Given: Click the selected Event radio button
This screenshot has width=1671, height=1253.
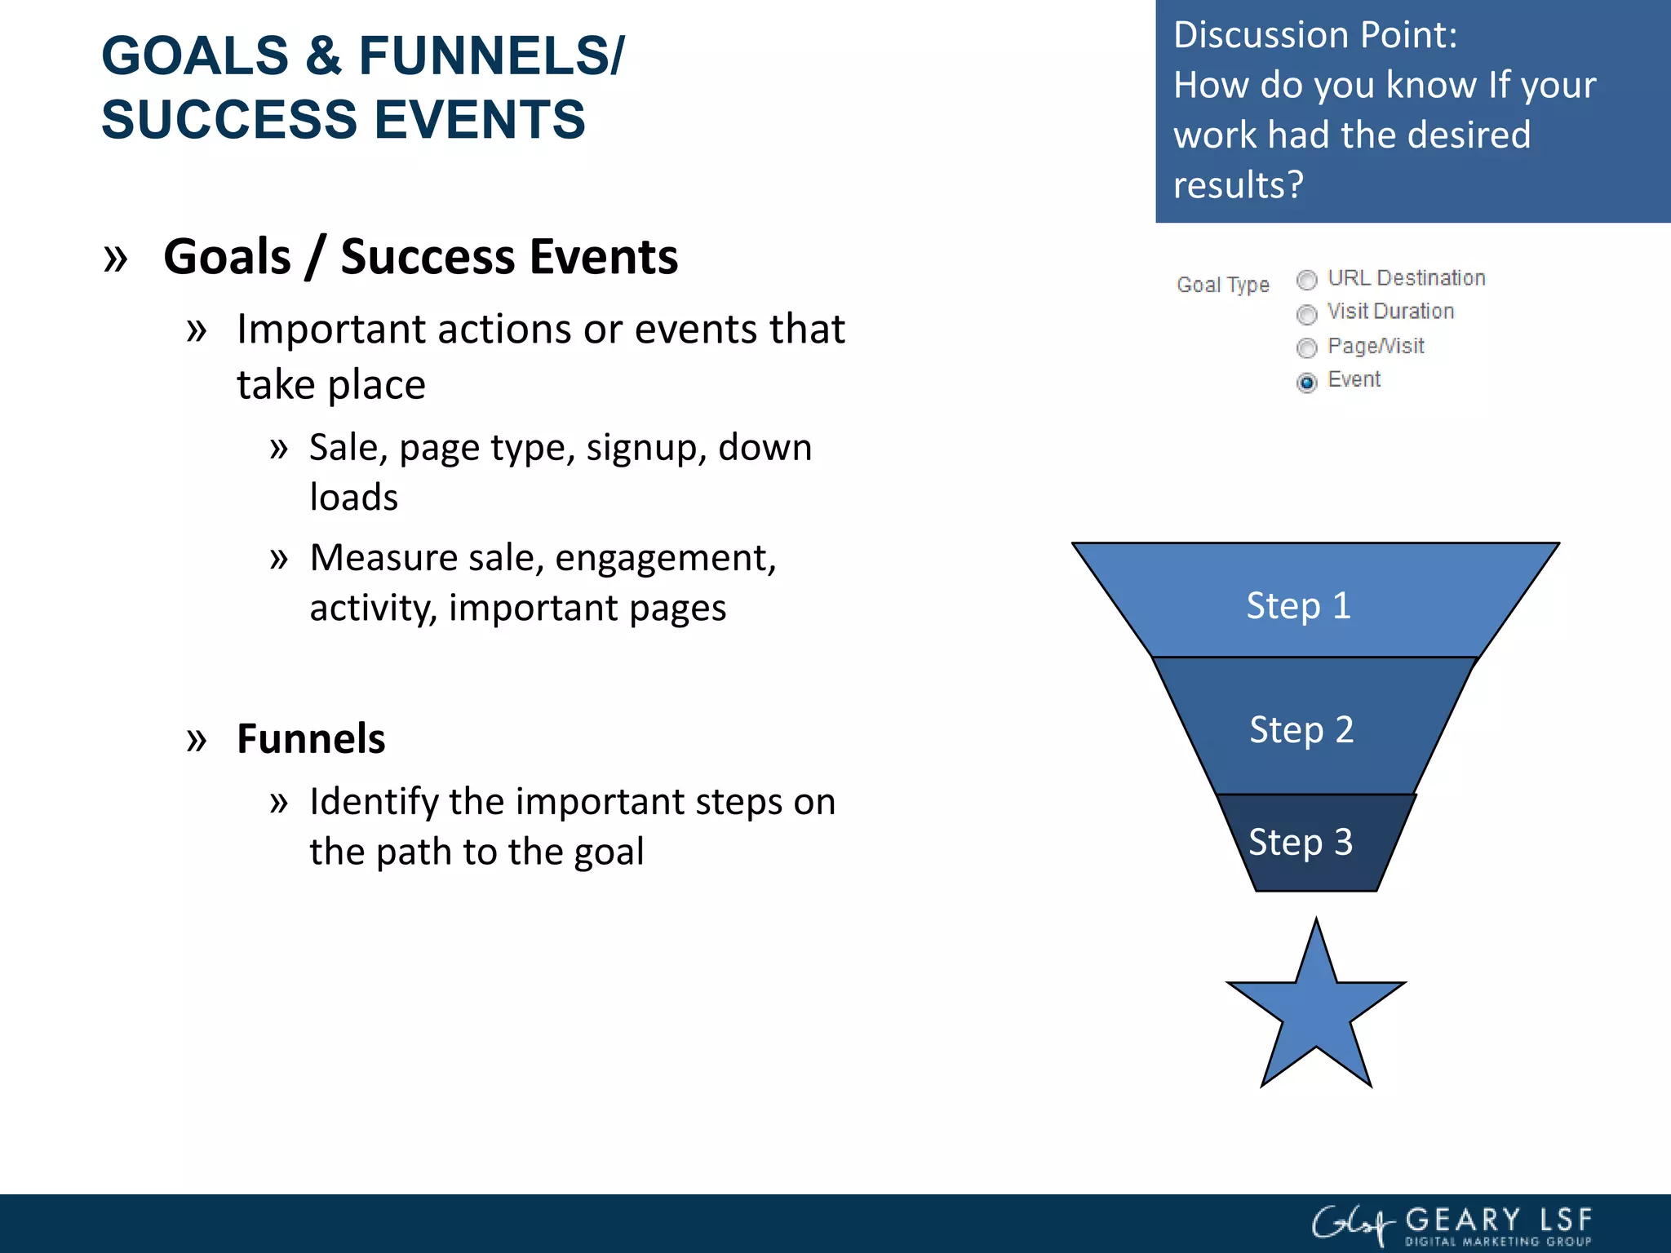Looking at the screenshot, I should (x=1306, y=383).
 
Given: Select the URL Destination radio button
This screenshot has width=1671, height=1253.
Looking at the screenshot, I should (x=1306, y=280).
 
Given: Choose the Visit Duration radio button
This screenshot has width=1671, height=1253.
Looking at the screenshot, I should (x=1306, y=314).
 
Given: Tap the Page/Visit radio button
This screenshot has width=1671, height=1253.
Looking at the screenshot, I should (x=1306, y=348).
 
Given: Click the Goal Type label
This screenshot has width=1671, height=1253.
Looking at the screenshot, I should (x=1222, y=285).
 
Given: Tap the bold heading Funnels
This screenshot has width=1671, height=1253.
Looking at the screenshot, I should (x=311, y=739).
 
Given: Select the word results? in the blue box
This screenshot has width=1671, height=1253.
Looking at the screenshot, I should (x=1238, y=185).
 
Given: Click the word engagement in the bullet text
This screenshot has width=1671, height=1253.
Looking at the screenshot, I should (x=664, y=559).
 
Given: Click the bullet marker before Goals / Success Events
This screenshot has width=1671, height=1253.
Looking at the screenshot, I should (x=116, y=259).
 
